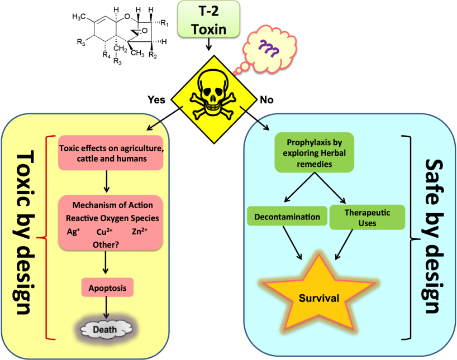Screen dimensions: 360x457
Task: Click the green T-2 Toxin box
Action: pos(208,19)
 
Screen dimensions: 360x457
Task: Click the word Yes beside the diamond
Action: pos(156,100)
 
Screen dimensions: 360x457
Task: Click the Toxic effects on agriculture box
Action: pos(111,153)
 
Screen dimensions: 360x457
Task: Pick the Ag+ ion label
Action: pos(73,231)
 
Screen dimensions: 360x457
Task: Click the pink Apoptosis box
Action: pos(108,288)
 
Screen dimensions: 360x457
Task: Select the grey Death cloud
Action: pos(105,329)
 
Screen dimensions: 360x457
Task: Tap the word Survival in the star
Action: pos(318,299)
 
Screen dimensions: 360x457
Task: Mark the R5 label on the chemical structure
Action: pos(80,41)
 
